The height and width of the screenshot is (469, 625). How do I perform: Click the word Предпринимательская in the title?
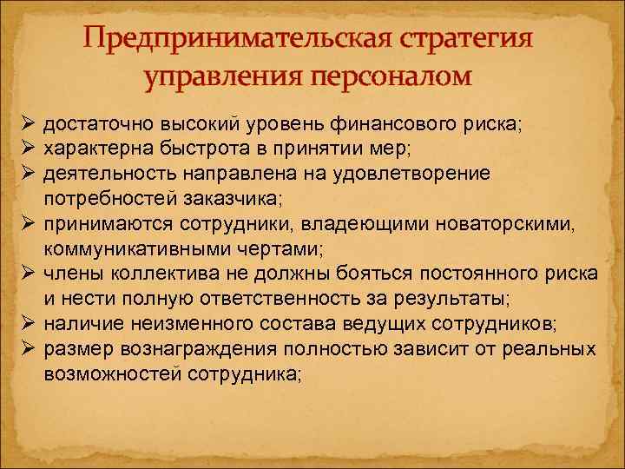pos(223,42)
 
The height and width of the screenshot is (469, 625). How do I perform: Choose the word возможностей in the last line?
pos(126,375)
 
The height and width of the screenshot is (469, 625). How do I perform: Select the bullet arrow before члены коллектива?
pos(26,274)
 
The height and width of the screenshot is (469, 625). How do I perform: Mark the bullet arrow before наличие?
pos(26,325)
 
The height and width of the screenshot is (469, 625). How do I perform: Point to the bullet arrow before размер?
pos(26,350)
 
